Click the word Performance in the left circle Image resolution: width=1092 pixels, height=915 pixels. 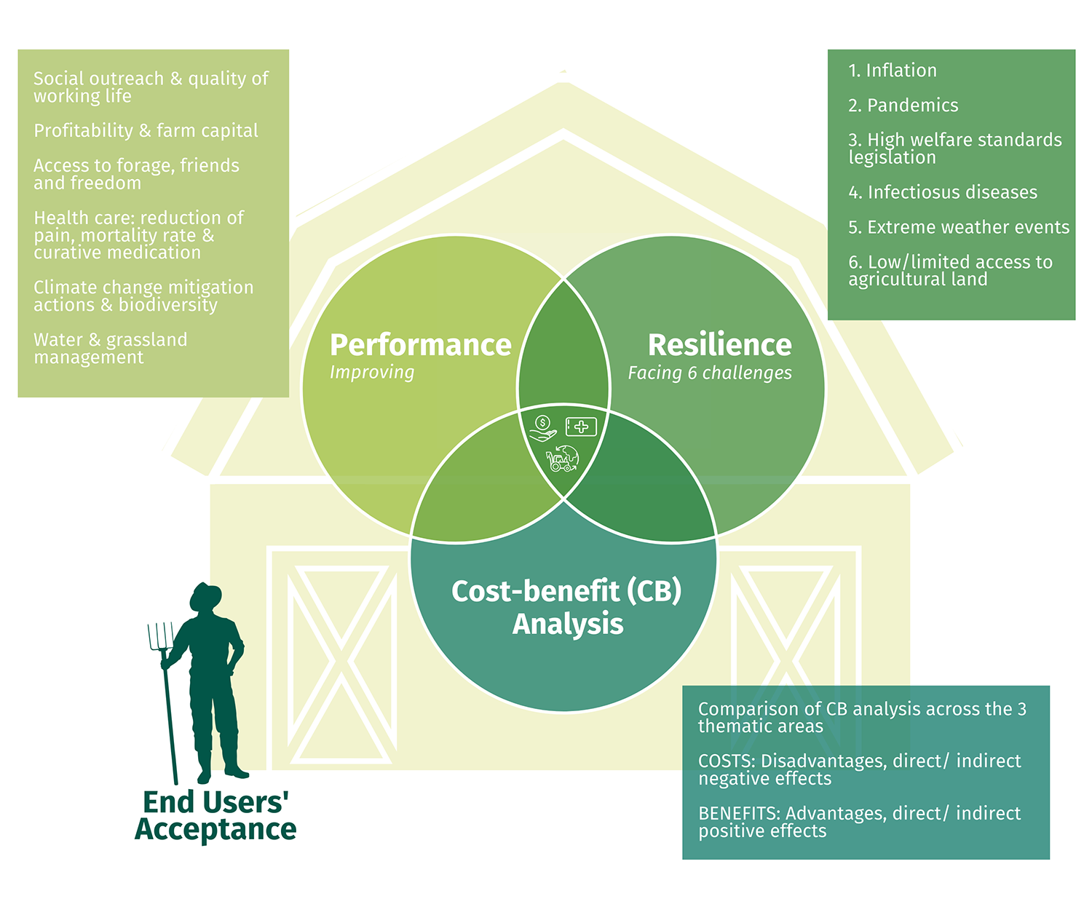pyautogui.click(x=420, y=345)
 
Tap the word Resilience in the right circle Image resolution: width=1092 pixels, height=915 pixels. pyautogui.click(x=719, y=345)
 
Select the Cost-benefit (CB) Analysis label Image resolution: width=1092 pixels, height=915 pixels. pyautogui.click(x=566, y=607)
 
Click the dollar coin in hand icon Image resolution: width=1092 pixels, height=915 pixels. pyautogui.click(x=542, y=428)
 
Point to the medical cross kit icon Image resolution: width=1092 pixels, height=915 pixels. pyautogui.click(x=581, y=427)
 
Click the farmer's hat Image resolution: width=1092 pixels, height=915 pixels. pyautogui.click(x=205, y=595)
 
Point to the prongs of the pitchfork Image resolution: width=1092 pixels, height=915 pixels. pyautogui.click(x=160, y=636)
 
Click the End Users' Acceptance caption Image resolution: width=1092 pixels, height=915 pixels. pyautogui.click(x=215, y=816)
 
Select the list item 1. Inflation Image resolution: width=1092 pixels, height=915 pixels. pyautogui.click(x=892, y=71)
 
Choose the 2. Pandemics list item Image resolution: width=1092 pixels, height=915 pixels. pyautogui.click(x=903, y=106)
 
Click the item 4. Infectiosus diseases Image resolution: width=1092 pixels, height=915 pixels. pyautogui.click(x=942, y=192)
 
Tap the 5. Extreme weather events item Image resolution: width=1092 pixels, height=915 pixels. pyautogui.click(x=958, y=227)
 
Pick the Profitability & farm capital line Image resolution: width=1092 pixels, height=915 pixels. pyautogui.click(x=146, y=131)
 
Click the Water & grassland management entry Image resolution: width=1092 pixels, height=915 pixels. pyautogui.click(x=110, y=349)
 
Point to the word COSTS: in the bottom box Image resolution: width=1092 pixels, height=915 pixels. pyautogui.click(x=727, y=761)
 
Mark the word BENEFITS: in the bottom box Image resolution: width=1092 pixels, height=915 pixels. pyautogui.click(x=739, y=814)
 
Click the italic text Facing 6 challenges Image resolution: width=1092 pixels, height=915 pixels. pyautogui.click(x=710, y=373)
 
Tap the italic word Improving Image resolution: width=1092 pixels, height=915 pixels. pyautogui.click(x=371, y=373)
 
